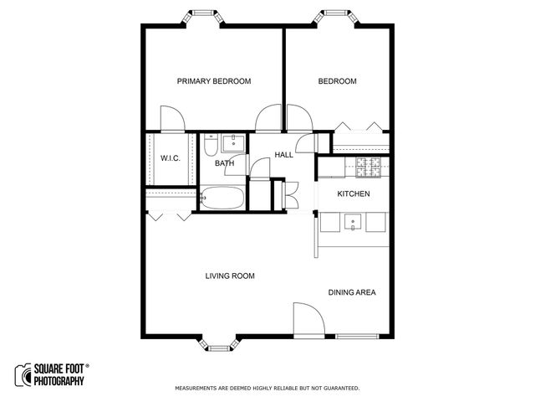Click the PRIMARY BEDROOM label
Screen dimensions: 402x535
click(x=214, y=81)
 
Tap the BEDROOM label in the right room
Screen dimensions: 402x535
click(x=337, y=81)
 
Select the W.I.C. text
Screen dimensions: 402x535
click(x=171, y=158)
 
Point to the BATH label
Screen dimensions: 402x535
click(x=224, y=163)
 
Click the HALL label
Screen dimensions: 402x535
click(x=284, y=155)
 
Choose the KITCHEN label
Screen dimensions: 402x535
click(x=353, y=193)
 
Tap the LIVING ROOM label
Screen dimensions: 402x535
click(x=230, y=276)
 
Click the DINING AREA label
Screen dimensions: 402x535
click(x=351, y=292)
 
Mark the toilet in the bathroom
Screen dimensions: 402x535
click(x=211, y=147)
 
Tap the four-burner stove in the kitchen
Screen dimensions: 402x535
click(x=369, y=167)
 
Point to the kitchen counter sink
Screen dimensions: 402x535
click(x=354, y=224)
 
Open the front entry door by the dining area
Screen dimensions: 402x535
click(x=307, y=321)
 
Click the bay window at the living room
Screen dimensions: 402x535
click(x=219, y=343)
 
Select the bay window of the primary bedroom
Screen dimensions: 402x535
click(x=203, y=16)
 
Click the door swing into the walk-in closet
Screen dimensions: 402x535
click(x=170, y=120)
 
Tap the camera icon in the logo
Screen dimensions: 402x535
click(x=23, y=374)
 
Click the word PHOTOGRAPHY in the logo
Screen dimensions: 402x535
click(x=59, y=381)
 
